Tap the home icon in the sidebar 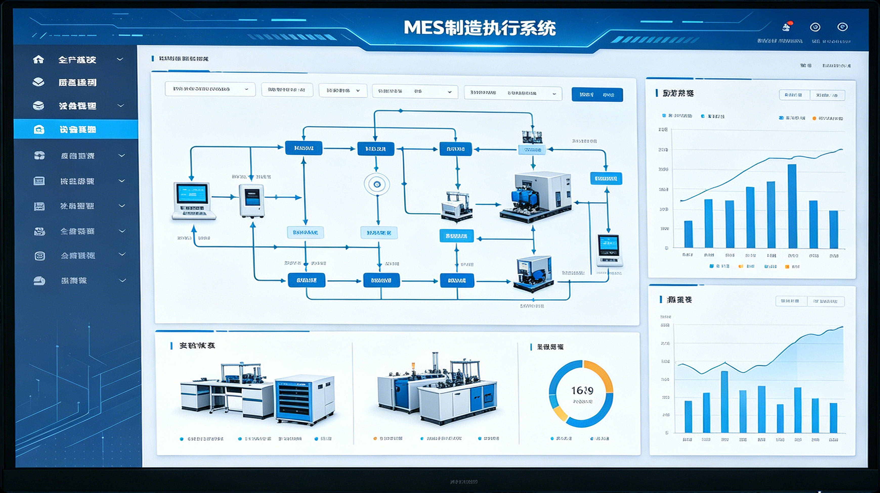[x=38, y=59]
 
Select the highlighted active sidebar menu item [x=76, y=129]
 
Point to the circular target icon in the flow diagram [x=377, y=184]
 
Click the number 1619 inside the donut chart [x=582, y=390]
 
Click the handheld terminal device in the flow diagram [x=609, y=250]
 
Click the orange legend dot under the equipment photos [x=375, y=438]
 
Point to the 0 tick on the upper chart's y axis [x=666, y=248]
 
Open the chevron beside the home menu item [x=120, y=59]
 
